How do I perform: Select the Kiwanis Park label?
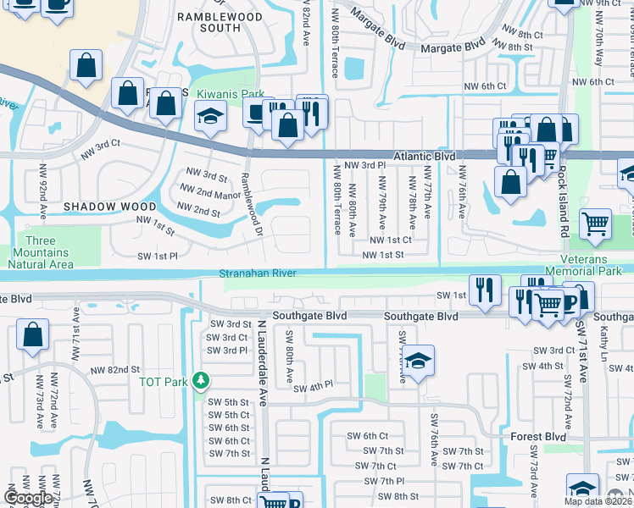pyautogui.click(x=231, y=94)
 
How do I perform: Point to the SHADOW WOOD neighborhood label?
pyautogui.click(x=109, y=207)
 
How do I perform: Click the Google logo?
pyautogui.click(x=29, y=498)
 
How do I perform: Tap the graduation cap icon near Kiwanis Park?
pyautogui.click(x=210, y=118)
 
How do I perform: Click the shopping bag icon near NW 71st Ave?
pyautogui.click(x=32, y=334)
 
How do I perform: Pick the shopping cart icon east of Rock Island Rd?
pyautogui.click(x=596, y=224)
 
